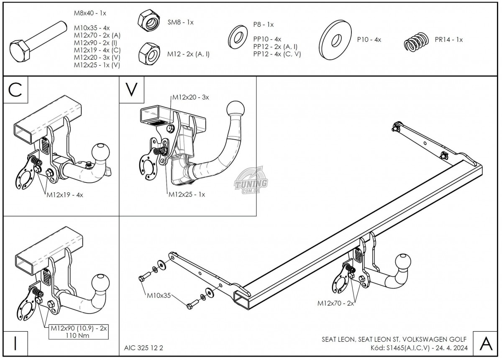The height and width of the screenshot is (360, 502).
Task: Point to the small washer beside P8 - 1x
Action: (x=237, y=37)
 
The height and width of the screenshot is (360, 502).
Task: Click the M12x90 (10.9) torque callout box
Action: (x=79, y=332)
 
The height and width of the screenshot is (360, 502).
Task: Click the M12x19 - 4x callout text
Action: (x=65, y=195)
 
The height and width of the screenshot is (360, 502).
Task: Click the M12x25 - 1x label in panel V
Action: (x=187, y=194)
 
